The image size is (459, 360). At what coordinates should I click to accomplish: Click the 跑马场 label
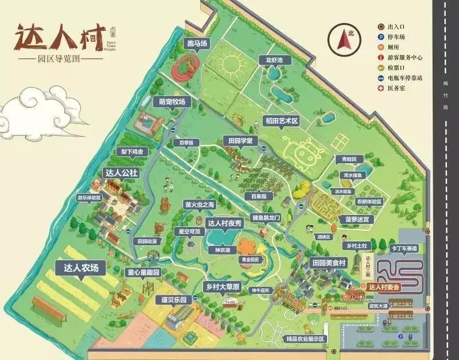click(x=196, y=44)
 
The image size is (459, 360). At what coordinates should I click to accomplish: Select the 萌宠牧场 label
click(x=173, y=102)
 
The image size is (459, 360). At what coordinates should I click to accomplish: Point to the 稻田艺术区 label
click(x=281, y=121)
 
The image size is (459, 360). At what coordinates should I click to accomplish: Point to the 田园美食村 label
click(x=329, y=263)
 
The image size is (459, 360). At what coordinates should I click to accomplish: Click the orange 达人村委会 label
click(x=384, y=287)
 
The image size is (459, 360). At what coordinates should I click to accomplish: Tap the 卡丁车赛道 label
click(x=404, y=248)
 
